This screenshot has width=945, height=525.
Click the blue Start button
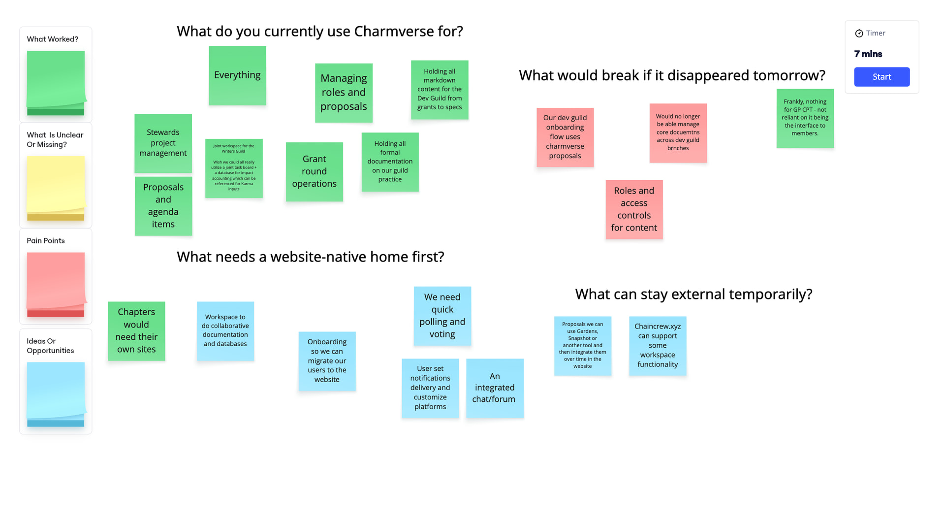[882, 77]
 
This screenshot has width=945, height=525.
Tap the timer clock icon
[859, 33]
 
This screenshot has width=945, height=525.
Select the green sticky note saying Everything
[237, 76]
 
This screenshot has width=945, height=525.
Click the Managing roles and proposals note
[344, 93]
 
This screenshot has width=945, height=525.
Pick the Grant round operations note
[315, 172]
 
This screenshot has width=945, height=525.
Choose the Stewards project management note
[163, 143]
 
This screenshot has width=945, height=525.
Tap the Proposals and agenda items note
[163, 206]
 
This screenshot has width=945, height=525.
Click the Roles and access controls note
[634, 210]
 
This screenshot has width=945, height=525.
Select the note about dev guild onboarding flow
[565, 137]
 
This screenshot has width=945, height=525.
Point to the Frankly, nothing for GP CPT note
[805, 118]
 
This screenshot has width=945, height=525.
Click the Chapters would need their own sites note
[136, 331]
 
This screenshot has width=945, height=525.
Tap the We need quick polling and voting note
[442, 316]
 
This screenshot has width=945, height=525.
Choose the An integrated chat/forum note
[495, 388]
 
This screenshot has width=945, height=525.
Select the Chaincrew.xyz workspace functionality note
[658, 346]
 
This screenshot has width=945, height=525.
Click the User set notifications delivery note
[430, 388]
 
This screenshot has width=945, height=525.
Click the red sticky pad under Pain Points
[56, 285]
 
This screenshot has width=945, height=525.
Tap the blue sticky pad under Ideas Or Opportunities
[56, 394]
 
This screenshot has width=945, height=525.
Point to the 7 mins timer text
[868, 54]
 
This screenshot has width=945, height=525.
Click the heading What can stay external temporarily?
[693, 295]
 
